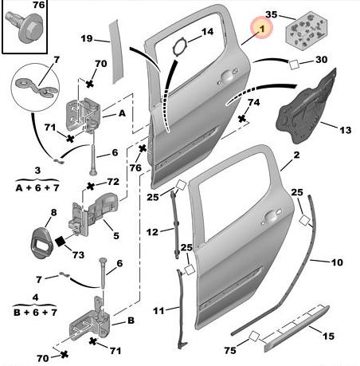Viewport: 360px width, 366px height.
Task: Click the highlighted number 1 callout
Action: pos(262,28)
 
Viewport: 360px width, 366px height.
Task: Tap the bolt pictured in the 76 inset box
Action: pos(25,27)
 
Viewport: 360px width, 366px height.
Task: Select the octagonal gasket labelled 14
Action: pos(180,47)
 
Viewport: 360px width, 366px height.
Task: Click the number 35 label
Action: pos(271,14)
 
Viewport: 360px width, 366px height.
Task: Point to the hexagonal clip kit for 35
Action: pos(307,30)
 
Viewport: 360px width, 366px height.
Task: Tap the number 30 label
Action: pos(321,60)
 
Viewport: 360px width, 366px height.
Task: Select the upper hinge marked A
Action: pos(83,115)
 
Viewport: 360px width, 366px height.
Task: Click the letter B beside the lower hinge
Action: pos(131,321)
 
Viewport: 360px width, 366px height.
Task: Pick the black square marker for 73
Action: pos(61,242)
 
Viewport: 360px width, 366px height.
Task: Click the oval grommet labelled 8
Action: pos(41,243)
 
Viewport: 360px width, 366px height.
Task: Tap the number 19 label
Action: pos(87,38)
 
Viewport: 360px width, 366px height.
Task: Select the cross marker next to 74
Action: pos(241,119)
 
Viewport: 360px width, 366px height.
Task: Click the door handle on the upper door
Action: pos(226,77)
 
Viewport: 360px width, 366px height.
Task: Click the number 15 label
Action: pos(328,336)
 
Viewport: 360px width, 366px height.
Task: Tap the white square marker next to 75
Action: pos(254,336)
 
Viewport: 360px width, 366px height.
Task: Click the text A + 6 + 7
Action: pos(37,188)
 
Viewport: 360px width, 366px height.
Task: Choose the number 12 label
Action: pos(152,232)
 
